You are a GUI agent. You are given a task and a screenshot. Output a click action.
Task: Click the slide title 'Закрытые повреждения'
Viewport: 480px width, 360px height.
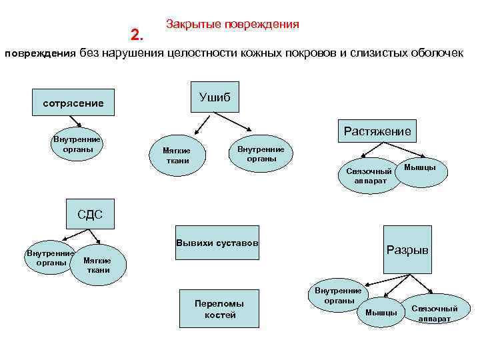pos(232,24)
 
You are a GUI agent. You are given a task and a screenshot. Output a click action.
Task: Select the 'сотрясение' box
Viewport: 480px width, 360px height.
pos(73,103)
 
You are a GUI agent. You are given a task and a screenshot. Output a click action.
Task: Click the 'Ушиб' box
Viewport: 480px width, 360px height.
pos(215,97)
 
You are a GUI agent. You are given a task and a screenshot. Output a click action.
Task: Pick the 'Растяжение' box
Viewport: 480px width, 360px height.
pos(377,131)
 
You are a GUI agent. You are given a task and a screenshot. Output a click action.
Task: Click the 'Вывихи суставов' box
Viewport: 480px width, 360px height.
pos(217,242)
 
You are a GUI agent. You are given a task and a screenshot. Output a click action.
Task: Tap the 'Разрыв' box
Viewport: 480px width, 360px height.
pos(407,250)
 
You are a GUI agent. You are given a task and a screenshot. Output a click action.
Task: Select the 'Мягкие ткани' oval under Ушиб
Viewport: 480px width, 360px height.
pos(176,155)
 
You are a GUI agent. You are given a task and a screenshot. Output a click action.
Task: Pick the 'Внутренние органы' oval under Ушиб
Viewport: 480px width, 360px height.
pos(261,154)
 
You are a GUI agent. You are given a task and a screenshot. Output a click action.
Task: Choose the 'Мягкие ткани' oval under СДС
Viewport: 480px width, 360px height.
pos(98,265)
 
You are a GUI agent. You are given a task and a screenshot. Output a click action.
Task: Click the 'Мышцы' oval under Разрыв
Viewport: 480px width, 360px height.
pos(381,312)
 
